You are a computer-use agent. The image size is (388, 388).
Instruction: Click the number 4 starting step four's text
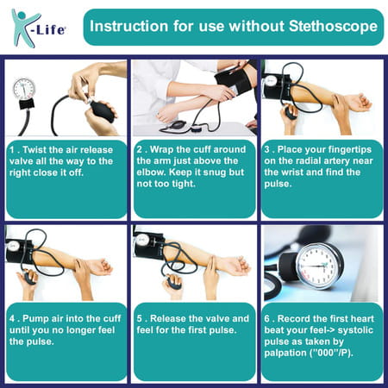pos(11,318)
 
